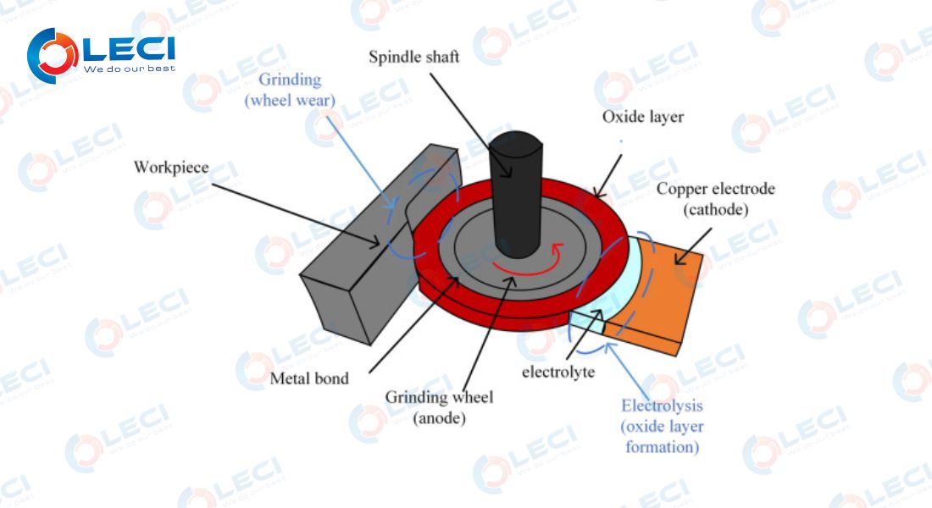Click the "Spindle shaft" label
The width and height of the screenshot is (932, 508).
coord(413,57)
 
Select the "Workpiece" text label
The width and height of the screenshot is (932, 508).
coord(171,167)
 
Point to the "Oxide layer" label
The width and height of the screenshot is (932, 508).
coord(642,117)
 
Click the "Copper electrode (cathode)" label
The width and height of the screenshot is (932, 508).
coord(716,199)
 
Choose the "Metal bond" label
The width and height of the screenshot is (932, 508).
coord(309,378)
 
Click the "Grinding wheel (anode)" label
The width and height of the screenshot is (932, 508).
coord(439,407)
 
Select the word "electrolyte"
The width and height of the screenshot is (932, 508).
coord(558,372)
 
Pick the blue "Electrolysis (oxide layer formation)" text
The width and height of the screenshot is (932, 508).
coord(663,426)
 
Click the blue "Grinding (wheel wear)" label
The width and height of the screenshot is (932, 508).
coord(290,90)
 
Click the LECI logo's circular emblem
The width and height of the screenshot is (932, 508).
coord(53,55)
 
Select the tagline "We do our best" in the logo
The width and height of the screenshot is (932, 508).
coord(130,69)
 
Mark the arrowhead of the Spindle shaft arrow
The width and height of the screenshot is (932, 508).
coord(508,173)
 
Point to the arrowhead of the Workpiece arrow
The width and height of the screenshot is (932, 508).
coord(375,243)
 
